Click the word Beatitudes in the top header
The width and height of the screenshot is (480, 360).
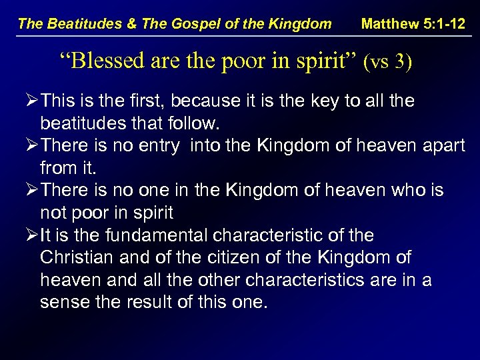pyautogui.click(x=77, y=25)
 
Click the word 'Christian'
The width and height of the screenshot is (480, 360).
pyautogui.click(x=69, y=258)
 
